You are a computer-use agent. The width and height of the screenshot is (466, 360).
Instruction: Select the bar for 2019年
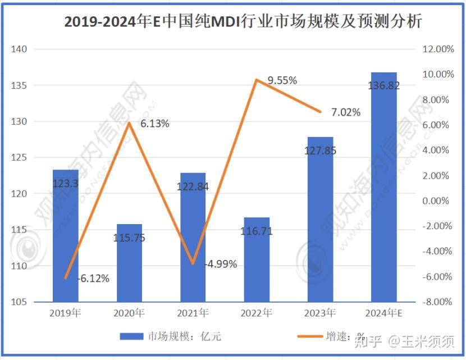point(66,236)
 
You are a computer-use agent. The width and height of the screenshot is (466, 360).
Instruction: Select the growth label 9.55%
point(282,81)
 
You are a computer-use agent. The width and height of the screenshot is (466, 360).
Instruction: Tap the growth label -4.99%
point(221,264)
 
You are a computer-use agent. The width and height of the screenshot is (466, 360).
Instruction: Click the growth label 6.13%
point(154,124)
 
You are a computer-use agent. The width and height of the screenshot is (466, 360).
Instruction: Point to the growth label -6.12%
point(92,278)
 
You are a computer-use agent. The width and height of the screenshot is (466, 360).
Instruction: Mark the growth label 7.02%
point(346,113)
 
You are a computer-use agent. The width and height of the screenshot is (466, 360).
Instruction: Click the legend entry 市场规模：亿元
point(171,336)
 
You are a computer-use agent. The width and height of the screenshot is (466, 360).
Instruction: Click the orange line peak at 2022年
point(256,79)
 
